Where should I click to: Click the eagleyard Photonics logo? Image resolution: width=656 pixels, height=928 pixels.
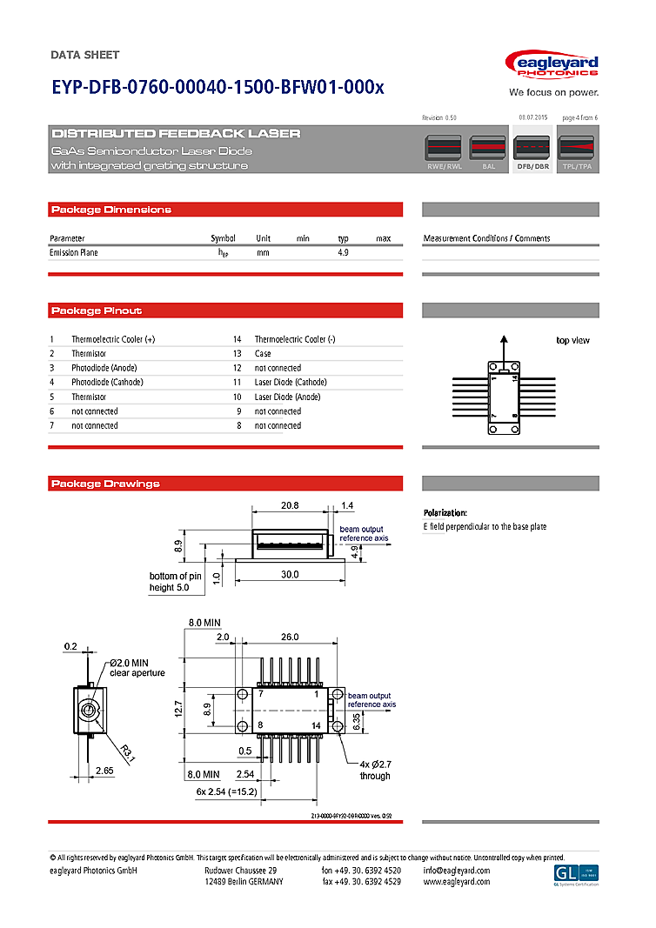[552, 66]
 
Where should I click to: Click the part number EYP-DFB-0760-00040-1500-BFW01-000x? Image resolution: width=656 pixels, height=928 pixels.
[218, 88]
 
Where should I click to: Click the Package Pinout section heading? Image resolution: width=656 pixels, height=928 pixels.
[97, 310]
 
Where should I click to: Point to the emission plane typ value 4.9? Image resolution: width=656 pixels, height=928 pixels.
[343, 252]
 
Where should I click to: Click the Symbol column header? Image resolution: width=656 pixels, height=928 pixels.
[223, 238]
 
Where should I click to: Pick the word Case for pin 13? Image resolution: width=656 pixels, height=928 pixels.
[263, 354]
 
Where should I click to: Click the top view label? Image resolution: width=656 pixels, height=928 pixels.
[572, 340]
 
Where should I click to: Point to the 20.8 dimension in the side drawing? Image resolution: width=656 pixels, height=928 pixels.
[290, 505]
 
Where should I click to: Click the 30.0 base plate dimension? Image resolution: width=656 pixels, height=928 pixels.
[290, 574]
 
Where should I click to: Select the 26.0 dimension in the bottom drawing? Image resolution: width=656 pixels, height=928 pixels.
[291, 638]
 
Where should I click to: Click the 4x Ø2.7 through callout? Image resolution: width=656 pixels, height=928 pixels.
[375, 770]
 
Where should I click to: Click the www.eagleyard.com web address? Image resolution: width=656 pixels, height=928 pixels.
[456, 882]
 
